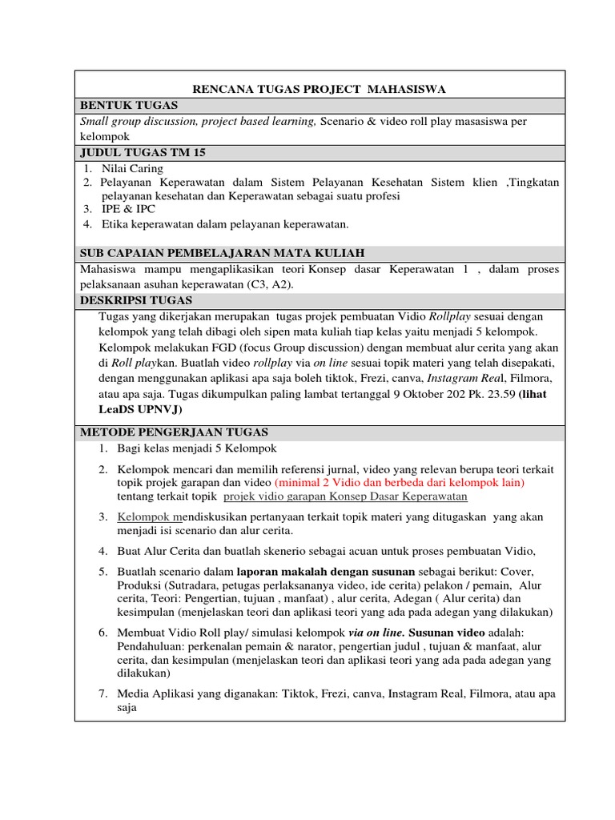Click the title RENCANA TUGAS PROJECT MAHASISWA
point(320,88)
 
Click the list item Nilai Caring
point(132,168)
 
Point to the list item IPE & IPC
point(128,210)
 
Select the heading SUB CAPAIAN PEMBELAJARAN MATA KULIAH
point(223,253)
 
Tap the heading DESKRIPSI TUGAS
point(136,300)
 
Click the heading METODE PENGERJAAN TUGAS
point(174,432)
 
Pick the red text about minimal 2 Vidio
point(399,483)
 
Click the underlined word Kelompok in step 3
point(144,517)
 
